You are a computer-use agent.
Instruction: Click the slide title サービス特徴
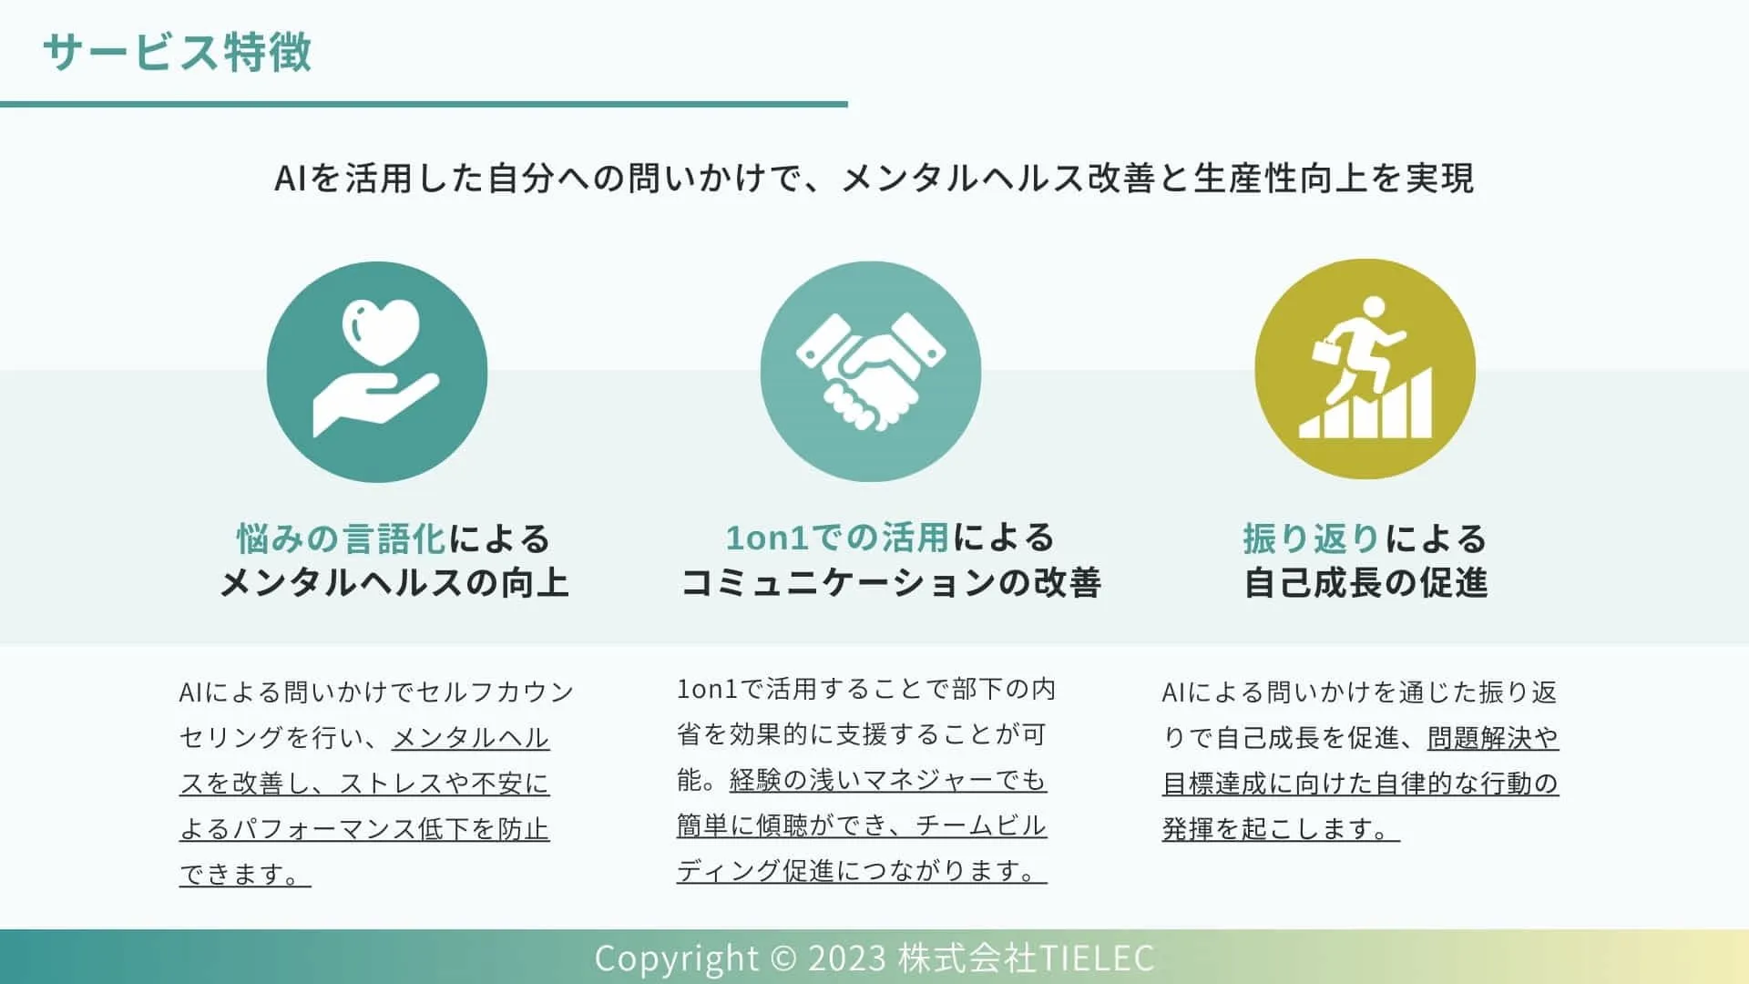[178, 52]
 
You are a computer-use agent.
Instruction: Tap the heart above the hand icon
[380, 331]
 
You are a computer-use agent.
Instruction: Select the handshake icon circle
[870, 372]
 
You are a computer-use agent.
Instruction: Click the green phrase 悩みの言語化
[342, 538]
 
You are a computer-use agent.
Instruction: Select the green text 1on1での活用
[837, 538]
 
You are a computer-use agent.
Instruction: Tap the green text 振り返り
[1311, 538]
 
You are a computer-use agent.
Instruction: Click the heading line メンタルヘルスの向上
[394, 582]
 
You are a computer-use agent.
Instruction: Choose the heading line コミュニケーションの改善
[891, 582]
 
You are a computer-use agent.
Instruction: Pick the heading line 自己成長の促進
[1365, 582]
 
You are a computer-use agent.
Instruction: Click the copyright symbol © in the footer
[782, 958]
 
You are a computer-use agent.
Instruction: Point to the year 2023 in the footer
[847, 958]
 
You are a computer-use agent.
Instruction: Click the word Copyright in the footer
[676, 958]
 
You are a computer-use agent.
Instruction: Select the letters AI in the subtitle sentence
[290, 179]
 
